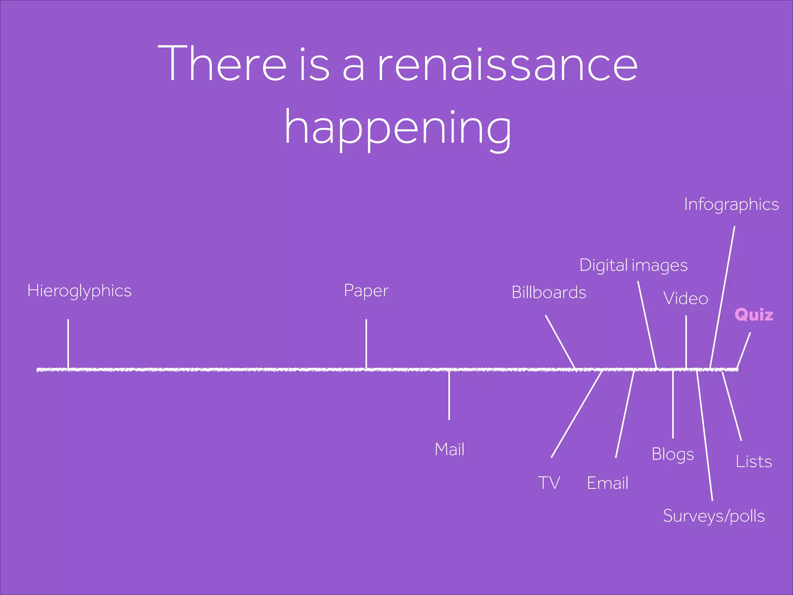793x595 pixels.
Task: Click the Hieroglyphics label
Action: (x=79, y=291)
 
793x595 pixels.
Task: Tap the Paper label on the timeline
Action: (x=366, y=291)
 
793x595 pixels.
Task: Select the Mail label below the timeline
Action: (x=449, y=449)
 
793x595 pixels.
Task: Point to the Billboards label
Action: (x=549, y=292)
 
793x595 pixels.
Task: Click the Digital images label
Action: (x=633, y=266)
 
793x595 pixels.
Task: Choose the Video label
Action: (x=686, y=299)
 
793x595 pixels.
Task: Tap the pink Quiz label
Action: (x=754, y=315)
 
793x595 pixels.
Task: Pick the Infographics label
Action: (x=731, y=205)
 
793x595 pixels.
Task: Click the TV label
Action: (x=549, y=483)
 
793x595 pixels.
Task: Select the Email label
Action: (x=607, y=483)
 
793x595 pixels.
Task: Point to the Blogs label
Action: (x=673, y=454)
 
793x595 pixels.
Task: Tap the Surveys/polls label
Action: (x=714, y=516)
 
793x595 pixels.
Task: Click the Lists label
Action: (x=754, y=461)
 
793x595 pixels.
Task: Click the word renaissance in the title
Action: (x=507, y=64)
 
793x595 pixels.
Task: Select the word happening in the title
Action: (x=398, y=128)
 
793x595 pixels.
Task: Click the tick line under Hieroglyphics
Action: (x=68, y=343)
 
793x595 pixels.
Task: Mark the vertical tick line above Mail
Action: (x=449, y=395)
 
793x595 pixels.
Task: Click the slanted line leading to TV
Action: (x=577, y=414)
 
